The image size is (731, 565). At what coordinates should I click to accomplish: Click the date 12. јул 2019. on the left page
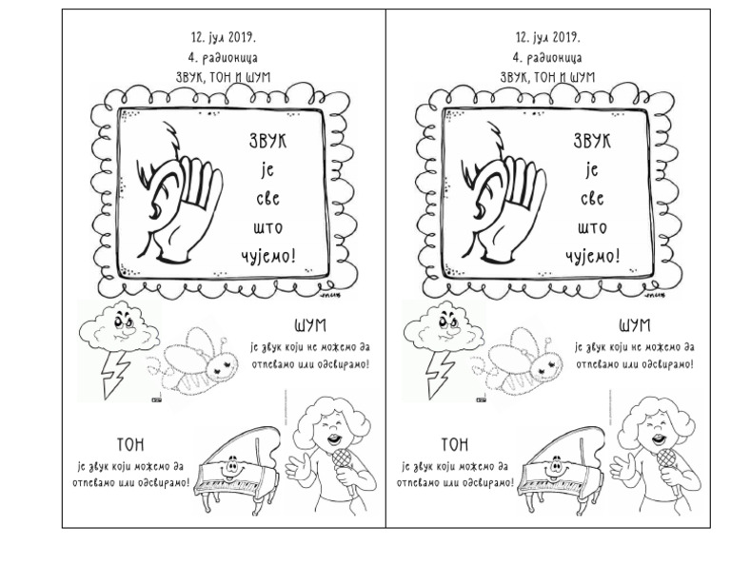[x=223, y=37]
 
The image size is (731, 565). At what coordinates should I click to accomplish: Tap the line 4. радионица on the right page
[x=547, y=58]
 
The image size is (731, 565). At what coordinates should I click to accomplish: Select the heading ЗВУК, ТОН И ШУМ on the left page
[x=223, y=77]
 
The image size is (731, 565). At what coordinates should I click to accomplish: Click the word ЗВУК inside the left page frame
[x=267, y=141]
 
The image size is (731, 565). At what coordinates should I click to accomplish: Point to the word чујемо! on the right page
[x=593, y=256]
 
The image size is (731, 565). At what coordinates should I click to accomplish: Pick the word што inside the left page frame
[x=268, y=227]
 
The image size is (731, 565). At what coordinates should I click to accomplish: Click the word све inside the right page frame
[x=592, y=199]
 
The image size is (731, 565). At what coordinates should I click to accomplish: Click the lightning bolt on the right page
[x=439, y=374]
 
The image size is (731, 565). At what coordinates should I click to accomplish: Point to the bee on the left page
[x=192, y=361]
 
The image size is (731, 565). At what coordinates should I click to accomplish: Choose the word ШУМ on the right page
[x=635, y=325]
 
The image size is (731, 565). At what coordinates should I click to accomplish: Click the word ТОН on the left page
[x=130, y=445]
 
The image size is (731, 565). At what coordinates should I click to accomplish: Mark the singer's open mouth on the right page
[x=659, y=438]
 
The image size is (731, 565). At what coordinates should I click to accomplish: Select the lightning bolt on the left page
[x=114, y=374]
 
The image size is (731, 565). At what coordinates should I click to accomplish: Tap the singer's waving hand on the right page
[x=622, y=466]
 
